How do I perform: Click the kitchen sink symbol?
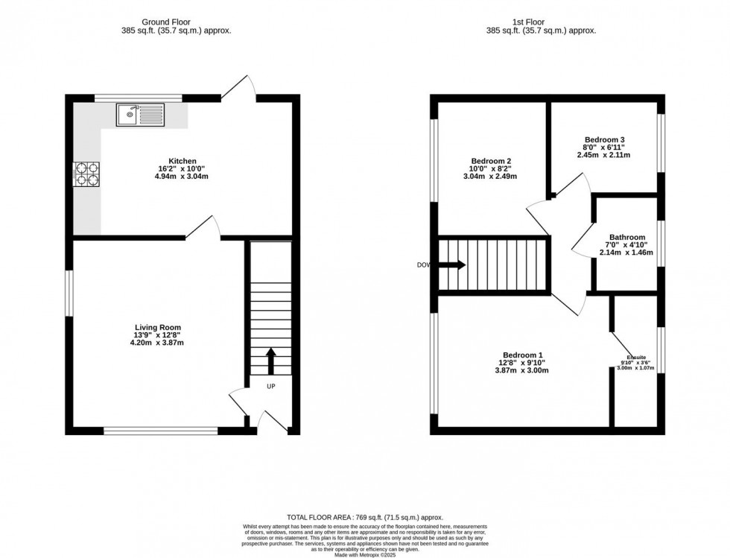(140, 115)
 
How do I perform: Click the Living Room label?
(158, 328)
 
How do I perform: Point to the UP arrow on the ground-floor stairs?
(270, 361)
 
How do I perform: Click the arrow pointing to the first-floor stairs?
(451, 264)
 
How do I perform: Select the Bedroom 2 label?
(491, 161)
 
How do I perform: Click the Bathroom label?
(626, 237)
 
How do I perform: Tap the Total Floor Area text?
(365, 516)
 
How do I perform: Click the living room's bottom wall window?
(160, 430)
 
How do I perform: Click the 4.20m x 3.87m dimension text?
(158, 343)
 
